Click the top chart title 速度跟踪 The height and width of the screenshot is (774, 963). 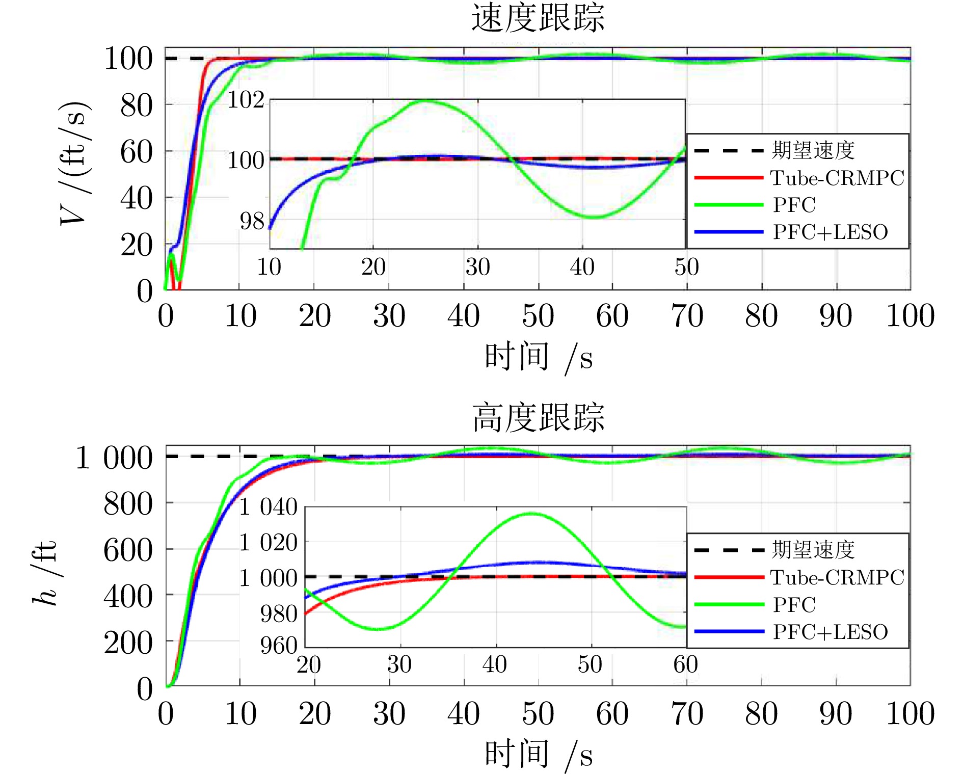(x=538, y=18)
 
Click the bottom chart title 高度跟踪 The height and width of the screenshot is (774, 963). (x=538, y=418)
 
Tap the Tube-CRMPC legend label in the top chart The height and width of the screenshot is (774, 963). (x=837, y=178)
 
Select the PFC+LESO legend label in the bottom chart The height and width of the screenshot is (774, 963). (x=830, y=632)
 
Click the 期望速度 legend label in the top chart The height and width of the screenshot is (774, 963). (x=813, y=150)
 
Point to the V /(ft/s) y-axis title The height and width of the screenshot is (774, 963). (x=74, y=163)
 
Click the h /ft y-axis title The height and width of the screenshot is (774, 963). (x=44, y=573)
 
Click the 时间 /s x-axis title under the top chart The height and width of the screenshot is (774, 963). (x=538, y=358)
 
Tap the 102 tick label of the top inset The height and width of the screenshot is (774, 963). (x=246, y=100)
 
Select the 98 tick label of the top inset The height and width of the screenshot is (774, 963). (x=252, y=221)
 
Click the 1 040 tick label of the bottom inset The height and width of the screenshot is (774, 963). (x=269, y=508)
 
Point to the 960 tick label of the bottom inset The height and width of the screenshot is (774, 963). (x=278, y=646)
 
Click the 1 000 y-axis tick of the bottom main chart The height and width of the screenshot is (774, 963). (x=114, y=458)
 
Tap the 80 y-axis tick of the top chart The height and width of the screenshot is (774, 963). (x=136, y=106)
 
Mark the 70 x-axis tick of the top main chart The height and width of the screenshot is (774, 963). (x=687, y=316)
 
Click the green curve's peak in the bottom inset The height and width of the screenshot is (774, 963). (x=531, y=514)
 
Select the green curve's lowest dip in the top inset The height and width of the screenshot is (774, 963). (x=594, y=217)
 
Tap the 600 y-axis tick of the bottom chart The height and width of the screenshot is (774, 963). (x=127, y=551)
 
